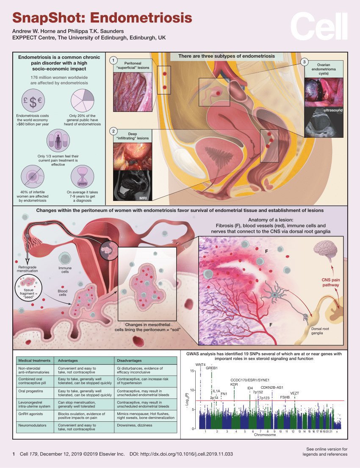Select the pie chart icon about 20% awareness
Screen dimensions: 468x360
click(x=81, y=100)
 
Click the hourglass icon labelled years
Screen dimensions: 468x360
click(x=81, y=177)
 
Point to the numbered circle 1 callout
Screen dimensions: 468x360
click(x=113, y=60)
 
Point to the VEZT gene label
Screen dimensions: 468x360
click(x=294, y=393)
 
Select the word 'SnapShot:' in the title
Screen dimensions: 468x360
click(x=48, y=18)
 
